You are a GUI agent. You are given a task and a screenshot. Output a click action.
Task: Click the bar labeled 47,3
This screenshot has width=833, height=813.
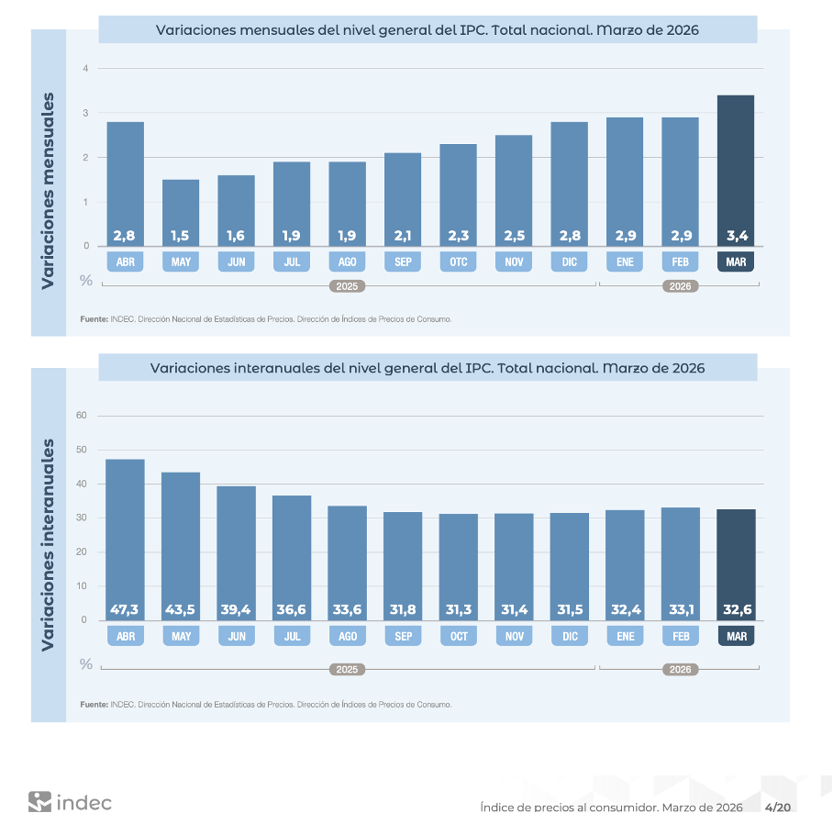click(125, 537)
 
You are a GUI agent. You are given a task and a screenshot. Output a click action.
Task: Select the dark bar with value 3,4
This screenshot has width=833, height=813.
click(736, 170)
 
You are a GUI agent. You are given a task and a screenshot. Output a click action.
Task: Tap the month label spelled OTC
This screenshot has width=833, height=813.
click(458, 262)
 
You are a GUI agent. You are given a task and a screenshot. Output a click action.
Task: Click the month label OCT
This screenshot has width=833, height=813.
click(458, 636)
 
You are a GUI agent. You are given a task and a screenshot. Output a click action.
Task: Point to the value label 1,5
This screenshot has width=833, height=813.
click(181, 236)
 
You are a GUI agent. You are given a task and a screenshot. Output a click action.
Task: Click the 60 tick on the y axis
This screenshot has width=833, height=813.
click(81, 416)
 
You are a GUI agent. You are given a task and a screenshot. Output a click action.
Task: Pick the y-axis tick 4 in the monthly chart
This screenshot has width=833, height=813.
click(85, 69)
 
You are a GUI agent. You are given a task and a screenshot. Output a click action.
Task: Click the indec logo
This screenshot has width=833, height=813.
click(70, 801)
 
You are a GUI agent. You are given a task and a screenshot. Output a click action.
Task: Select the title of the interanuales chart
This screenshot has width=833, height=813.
click(428, 368)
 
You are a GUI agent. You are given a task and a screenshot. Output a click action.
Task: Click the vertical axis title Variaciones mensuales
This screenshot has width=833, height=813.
click(49, 190)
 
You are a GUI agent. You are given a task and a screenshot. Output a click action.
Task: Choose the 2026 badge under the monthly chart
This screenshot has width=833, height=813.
click(680, 286)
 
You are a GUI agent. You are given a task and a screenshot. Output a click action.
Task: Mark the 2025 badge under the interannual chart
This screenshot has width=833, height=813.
click(347, 670)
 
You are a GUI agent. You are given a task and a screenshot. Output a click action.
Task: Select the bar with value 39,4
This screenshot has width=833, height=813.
click(236, 551)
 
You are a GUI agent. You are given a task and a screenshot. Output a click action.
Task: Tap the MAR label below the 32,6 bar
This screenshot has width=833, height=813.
click(736, 636)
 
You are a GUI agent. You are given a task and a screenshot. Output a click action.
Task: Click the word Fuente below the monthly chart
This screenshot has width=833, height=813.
click(94, 319)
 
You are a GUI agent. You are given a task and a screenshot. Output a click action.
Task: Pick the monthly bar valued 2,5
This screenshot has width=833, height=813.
click(514, 188)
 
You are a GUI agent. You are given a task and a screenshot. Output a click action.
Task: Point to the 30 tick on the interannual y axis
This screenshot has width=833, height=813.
click(81, 518)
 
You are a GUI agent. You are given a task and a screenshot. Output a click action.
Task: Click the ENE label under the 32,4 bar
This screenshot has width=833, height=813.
click(625, 636)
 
